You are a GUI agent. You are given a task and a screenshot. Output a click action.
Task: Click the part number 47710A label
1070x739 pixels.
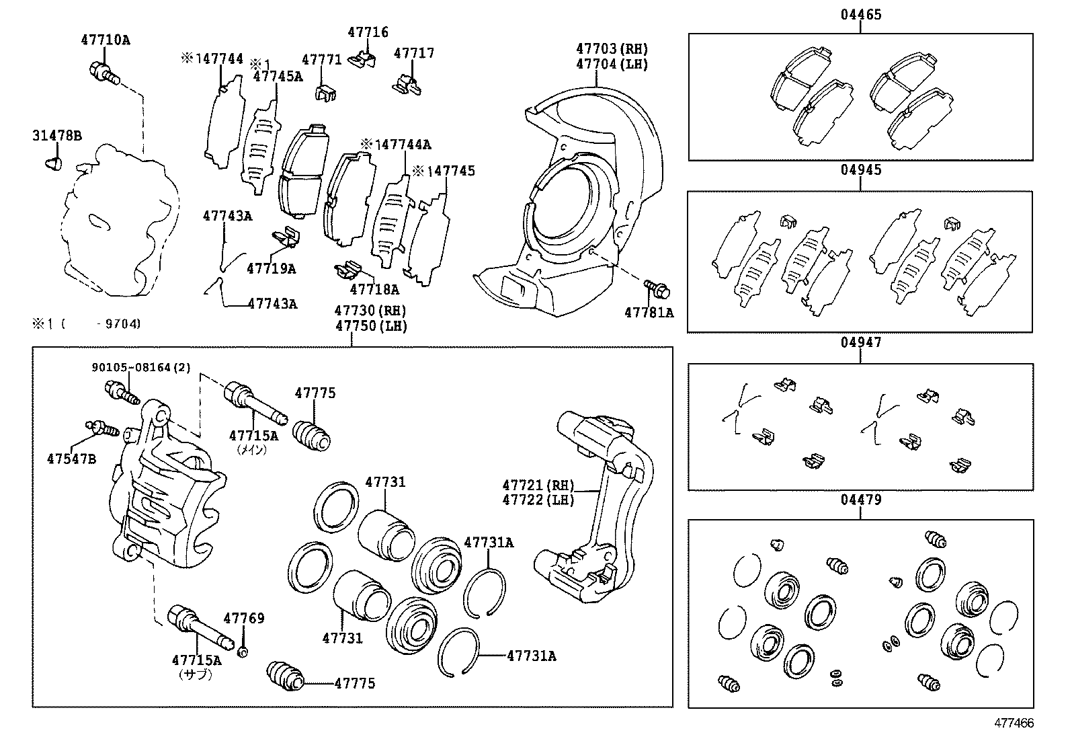[x=106, y=40]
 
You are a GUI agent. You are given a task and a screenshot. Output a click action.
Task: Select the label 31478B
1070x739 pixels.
[x=57, y=137]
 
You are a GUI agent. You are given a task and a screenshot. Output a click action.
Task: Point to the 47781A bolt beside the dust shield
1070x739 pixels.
[x=657, y=289]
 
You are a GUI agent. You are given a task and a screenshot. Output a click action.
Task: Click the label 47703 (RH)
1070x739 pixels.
[x=612, y=48]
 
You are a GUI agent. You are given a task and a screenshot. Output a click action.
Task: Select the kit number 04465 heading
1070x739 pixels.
[x=860, y=15]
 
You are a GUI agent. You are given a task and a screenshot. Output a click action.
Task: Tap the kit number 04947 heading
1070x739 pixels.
[x=860, y=342]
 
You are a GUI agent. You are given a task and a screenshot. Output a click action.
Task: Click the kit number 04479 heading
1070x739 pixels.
[x=860, y=500]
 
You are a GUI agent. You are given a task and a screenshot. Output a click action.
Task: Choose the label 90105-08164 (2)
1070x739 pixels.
[x=141, y=367]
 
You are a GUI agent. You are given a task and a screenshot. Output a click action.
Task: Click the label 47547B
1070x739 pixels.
[x=71, y=459]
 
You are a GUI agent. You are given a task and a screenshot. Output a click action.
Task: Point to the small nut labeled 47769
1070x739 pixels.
[x=243, y=651]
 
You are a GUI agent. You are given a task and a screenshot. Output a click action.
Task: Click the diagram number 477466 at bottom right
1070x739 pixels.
[x=1014, y=723]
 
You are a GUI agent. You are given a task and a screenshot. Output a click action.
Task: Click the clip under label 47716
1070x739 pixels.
[x=364, y=58]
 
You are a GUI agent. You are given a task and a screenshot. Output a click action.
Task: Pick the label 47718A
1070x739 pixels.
[x=374, y=290]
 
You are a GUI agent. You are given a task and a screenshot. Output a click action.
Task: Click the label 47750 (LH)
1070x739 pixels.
[x=371, y=326]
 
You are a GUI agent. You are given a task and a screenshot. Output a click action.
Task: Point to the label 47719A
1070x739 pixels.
[x=271, y=269]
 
